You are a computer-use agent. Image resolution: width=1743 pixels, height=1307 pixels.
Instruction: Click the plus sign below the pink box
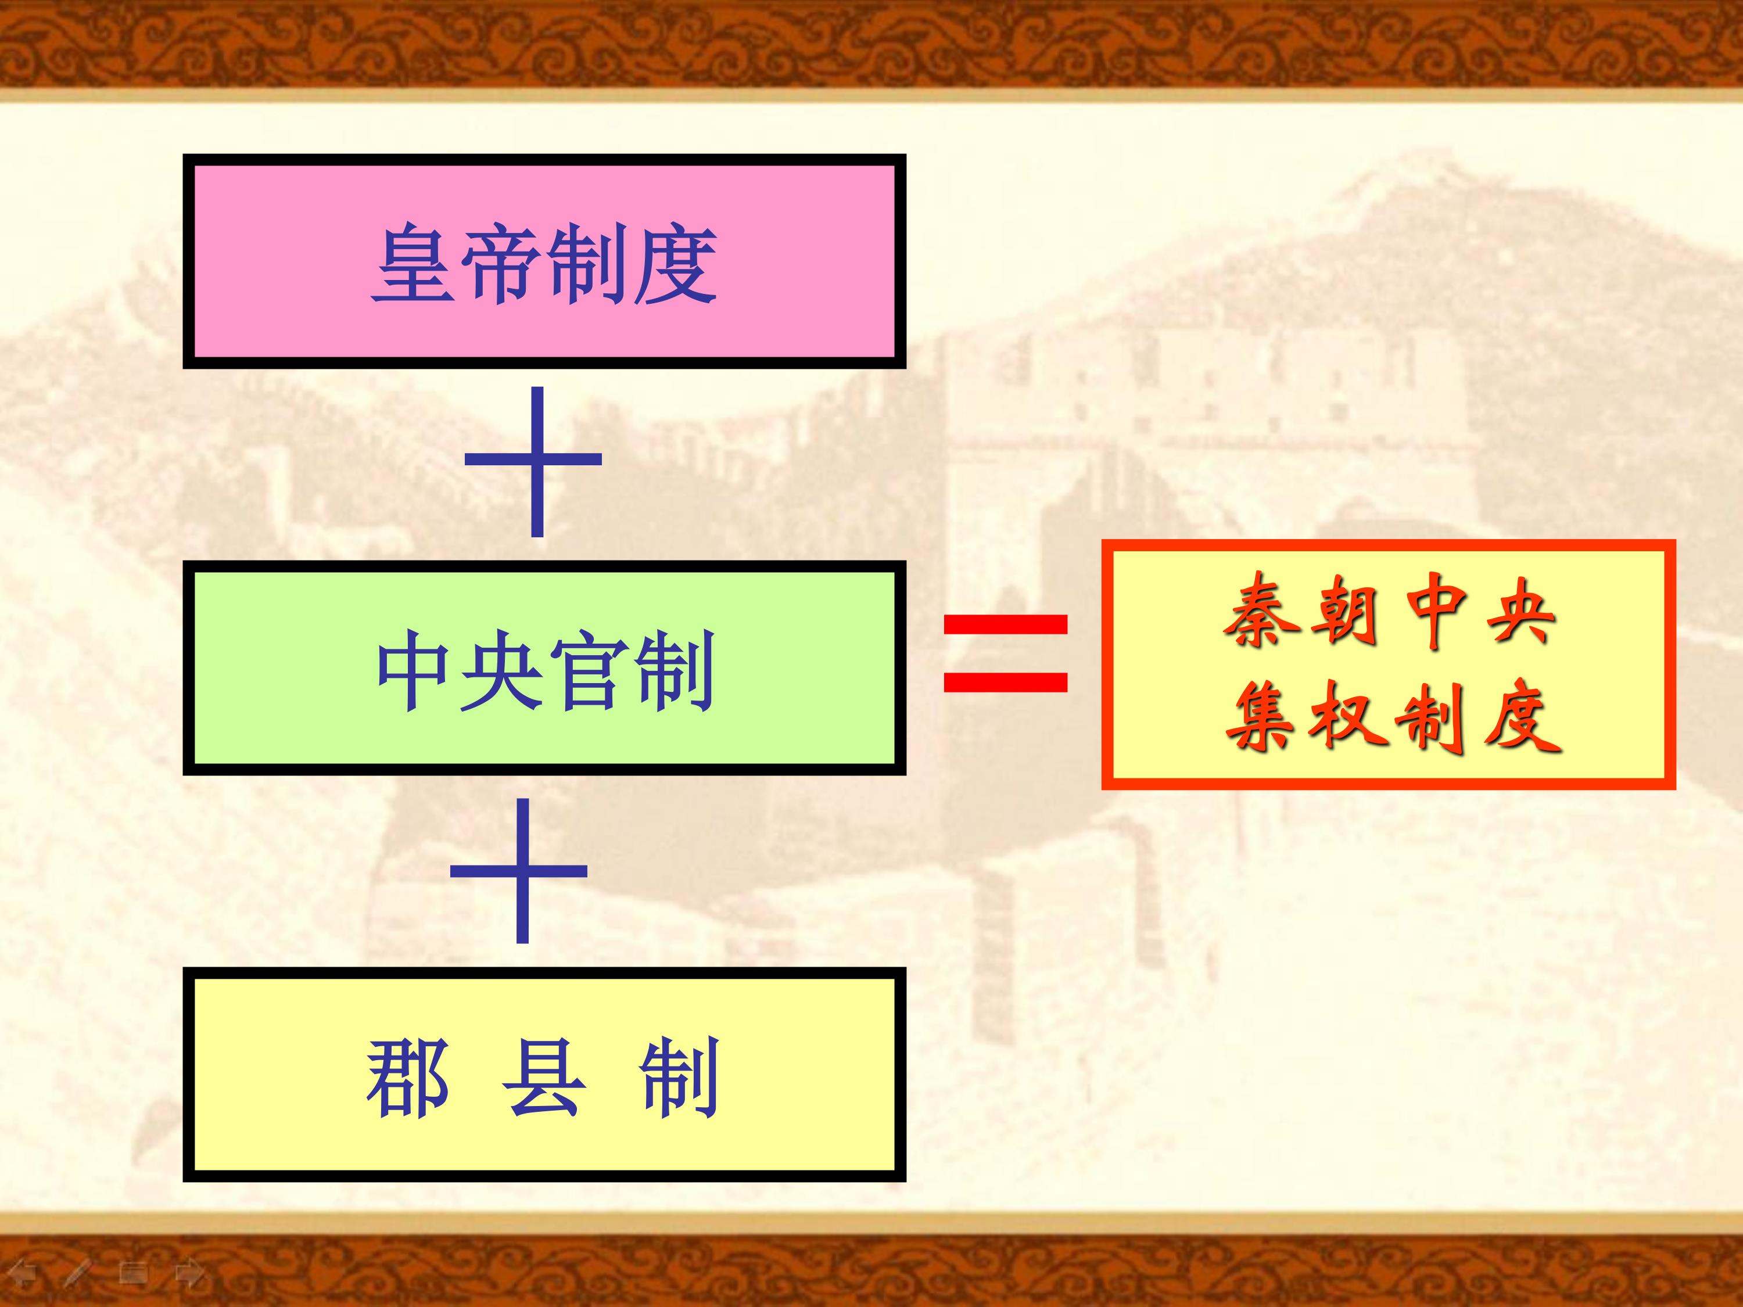(536, 460)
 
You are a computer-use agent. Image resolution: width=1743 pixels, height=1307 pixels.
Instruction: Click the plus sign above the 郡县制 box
(521, 871)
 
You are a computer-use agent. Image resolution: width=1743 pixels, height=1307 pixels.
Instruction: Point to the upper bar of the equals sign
(1006, 624)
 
